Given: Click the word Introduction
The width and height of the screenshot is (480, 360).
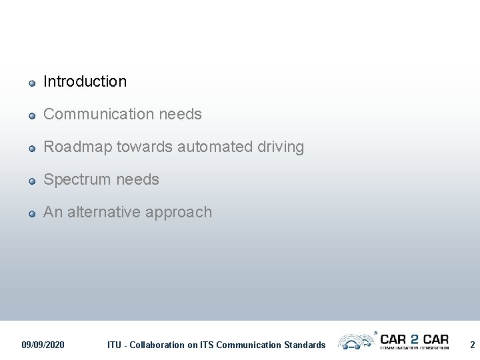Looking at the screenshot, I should point(85,81).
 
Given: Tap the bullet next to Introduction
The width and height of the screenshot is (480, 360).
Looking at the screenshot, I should point(31,83).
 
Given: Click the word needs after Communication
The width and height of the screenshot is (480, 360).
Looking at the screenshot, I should point(181,114).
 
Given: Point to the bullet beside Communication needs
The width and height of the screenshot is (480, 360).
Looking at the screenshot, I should point(31,116).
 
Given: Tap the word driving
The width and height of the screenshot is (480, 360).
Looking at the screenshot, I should point(281,147).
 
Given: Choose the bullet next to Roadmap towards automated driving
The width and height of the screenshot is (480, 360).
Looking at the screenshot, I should point(31,149).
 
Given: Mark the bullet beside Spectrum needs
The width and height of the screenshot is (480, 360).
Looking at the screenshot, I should point(31,181).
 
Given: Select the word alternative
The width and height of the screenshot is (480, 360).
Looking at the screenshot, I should point(97,212).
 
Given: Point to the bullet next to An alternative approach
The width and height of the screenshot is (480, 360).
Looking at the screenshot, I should point(31,214).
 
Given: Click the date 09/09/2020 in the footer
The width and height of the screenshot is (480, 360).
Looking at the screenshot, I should point(43,345).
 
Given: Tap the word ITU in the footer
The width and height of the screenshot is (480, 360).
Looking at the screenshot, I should point(115,345).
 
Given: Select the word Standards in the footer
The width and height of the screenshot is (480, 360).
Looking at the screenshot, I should point(304,345).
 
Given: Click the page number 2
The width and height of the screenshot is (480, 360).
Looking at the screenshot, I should point(472,345).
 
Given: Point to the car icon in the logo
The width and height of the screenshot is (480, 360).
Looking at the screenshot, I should point(355,342).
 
